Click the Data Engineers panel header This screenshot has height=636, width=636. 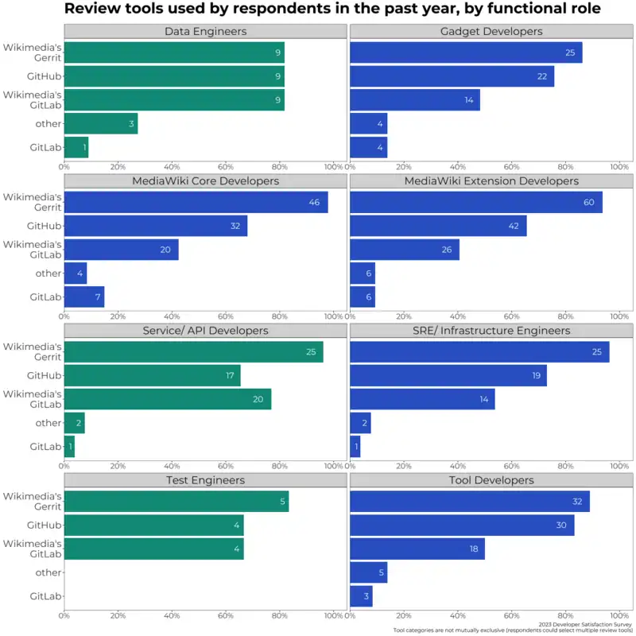205,32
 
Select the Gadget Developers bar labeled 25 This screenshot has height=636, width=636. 466,52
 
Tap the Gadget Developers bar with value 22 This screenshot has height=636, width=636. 452,76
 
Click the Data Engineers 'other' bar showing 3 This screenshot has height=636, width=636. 100,124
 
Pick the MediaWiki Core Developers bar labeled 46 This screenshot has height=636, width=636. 196,203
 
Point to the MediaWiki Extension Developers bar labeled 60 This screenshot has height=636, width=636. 475,203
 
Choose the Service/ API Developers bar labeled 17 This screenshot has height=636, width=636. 152,375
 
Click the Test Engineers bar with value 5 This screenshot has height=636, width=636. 176,502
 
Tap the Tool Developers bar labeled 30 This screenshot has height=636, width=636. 462,525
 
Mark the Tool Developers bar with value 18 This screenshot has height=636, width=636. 417,549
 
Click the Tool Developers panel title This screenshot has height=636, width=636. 491,480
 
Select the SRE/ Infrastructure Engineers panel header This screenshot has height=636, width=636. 491,331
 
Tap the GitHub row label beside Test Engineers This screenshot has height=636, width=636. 45,525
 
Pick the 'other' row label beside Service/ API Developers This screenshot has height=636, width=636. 48,423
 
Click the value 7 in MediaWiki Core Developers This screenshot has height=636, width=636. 96,297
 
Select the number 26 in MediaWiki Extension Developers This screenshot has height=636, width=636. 446,250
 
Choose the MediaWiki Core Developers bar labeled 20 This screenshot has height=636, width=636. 121,250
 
